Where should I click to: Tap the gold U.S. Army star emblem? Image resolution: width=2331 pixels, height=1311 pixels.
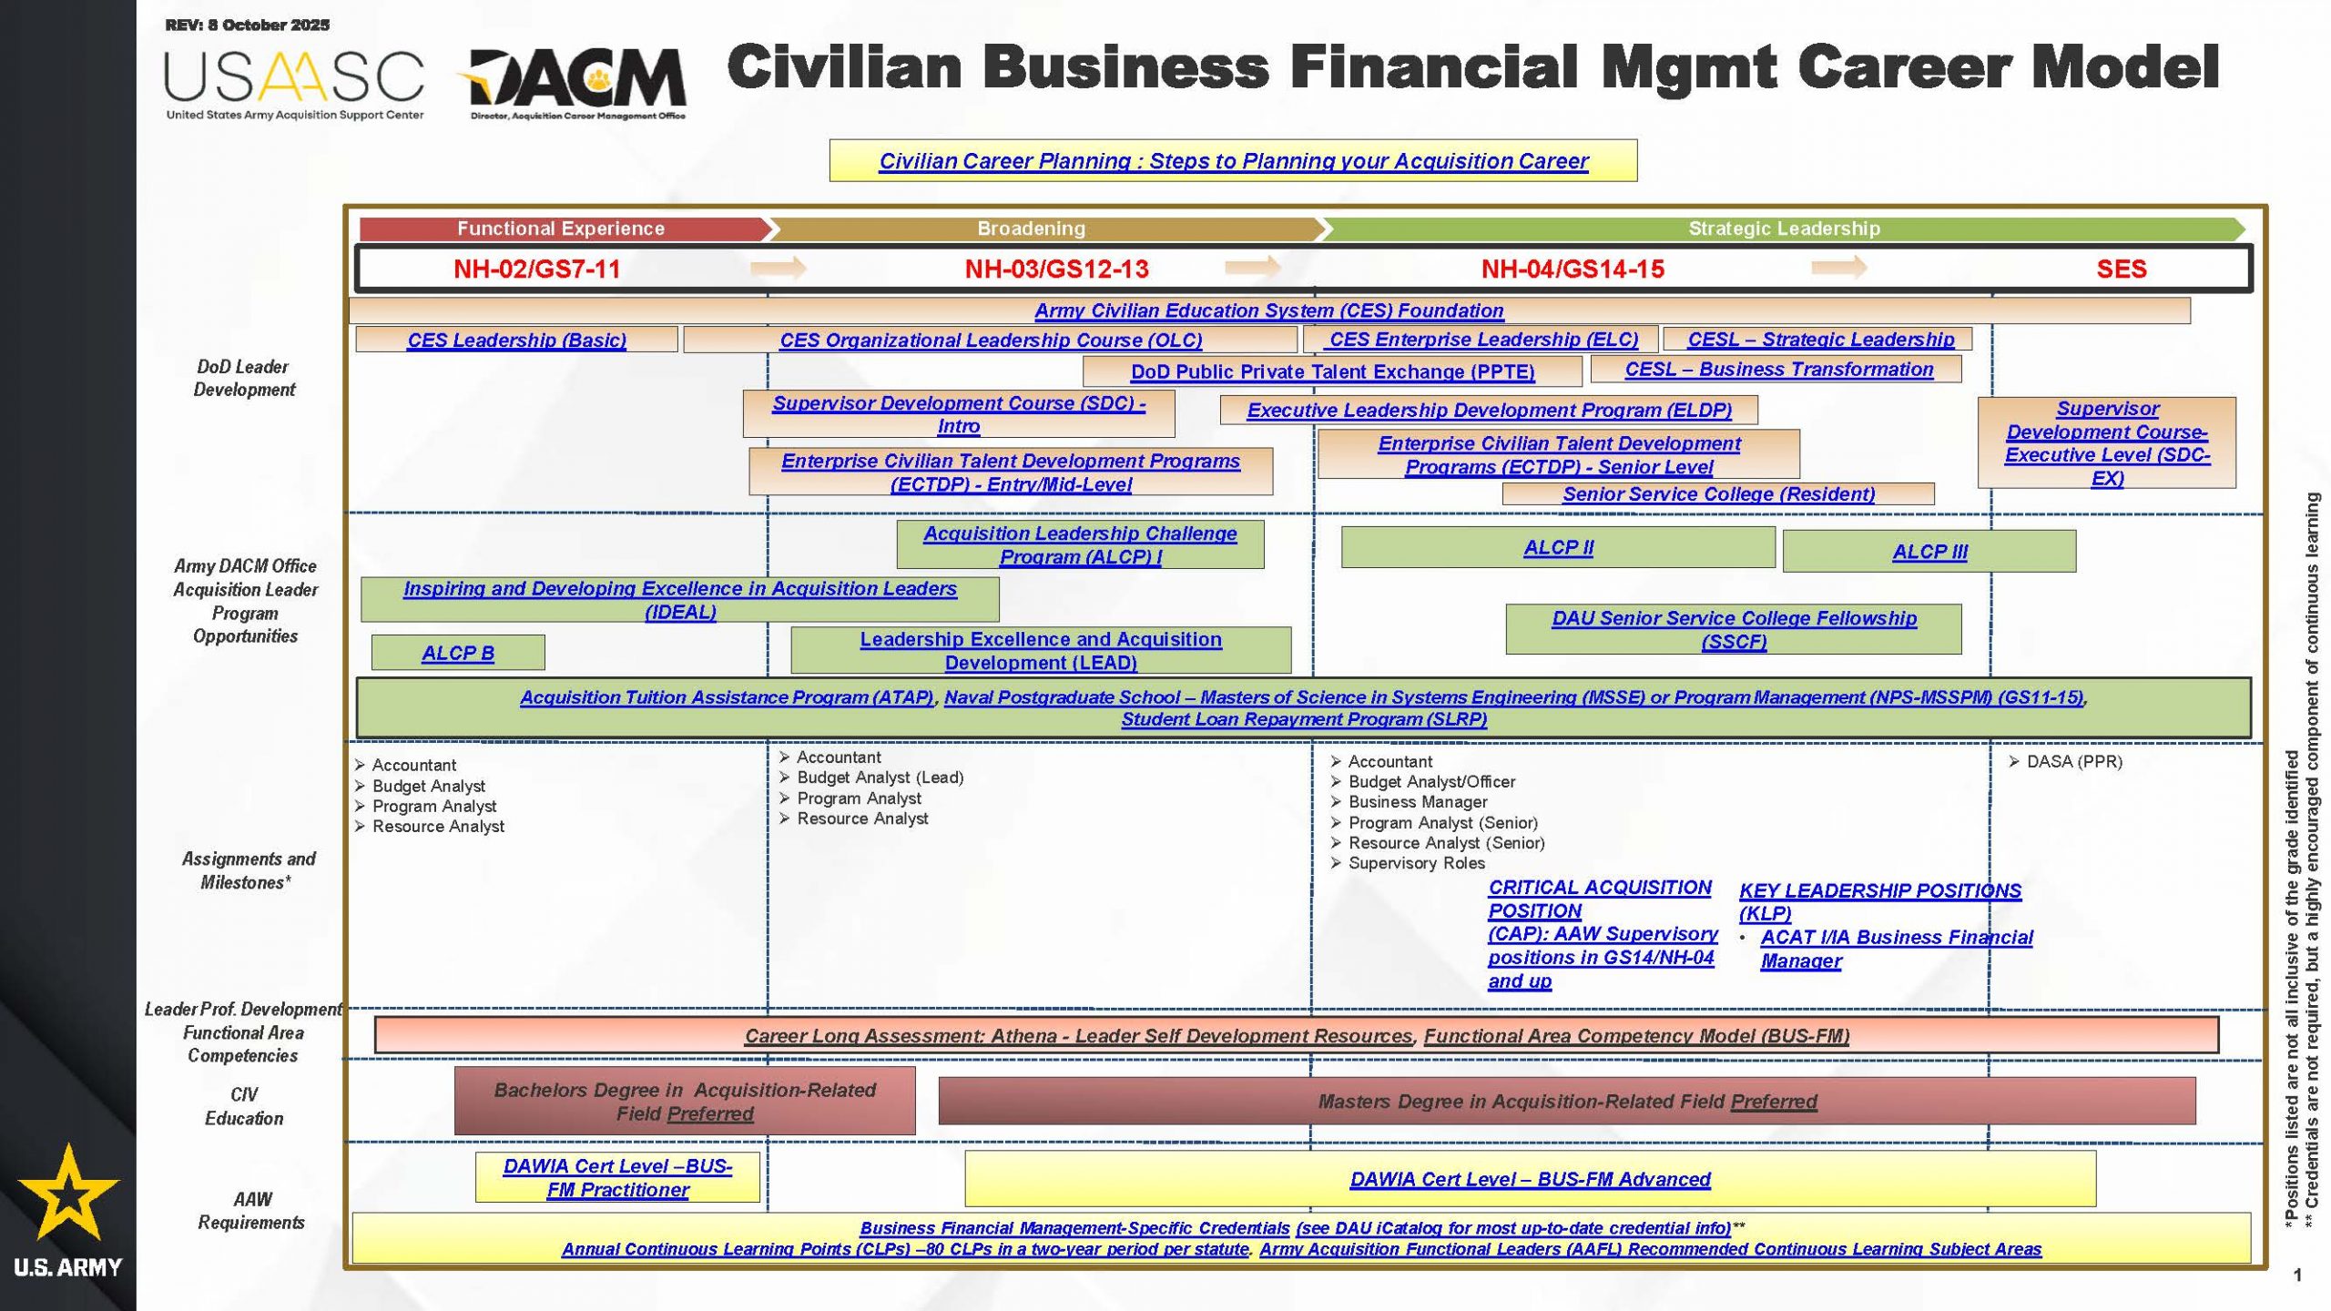pyautogui.click(x=68, y=1192)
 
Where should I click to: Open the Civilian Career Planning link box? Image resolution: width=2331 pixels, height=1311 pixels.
pyautogui.click(x=1233, y=161)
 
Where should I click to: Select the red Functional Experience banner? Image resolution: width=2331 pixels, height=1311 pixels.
pyautogui.click(x=561, y=229)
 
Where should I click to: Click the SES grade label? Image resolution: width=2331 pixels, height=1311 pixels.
pyautogui.click(x=2121, y=269)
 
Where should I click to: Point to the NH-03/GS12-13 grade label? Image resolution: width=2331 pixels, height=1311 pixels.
pyautogui.click(x=1056, y=269)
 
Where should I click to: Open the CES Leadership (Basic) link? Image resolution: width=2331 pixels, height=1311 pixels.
pyautogui.click(x=516, y=340)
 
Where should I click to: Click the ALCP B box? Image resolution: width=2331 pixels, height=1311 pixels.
pyautogui.click(x=458, y=653)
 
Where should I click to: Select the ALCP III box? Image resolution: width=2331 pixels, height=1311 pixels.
pyautogui.click(x=1929, y=552)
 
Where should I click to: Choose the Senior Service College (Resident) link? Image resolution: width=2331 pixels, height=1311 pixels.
pyautogui.click(x=1718, y=494)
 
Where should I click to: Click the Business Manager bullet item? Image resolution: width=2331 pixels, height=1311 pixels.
pyautogui.click(x=1417, y=802)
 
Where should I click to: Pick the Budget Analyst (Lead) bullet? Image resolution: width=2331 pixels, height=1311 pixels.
pyautogui.click(x=880, y=777)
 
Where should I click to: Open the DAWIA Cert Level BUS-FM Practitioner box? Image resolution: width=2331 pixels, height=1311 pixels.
pyautogui.click(x=617, y=1178)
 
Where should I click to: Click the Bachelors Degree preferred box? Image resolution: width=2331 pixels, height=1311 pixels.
pyautogui.click(x=685, y=1102)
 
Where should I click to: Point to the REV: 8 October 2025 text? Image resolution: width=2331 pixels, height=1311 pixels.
pyautogui.click(x=248, y=25)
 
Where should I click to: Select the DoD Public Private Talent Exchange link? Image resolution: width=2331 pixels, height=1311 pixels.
pyautogui.click(x=1332, y=371)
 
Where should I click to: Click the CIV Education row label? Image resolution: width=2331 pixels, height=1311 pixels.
pyautogui.click(x=244, y=1106)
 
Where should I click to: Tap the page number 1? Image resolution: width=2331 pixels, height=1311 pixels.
pyautogui.click(x=2297, y=1275)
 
